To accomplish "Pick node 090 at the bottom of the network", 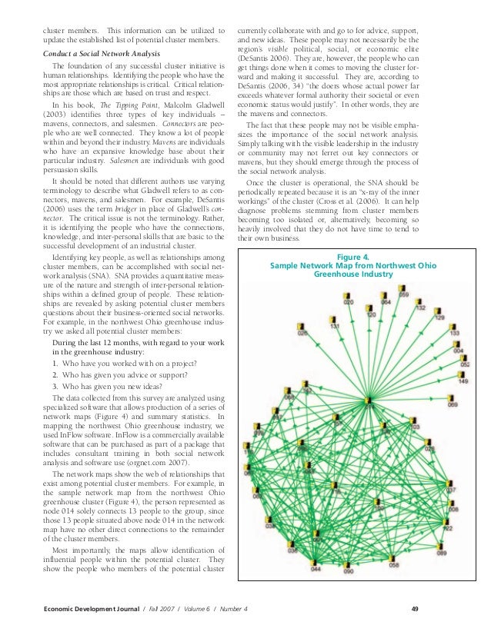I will (x=347, y=564).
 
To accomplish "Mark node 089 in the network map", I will (x=442, y=546).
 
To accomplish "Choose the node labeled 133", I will (x=453, y=327).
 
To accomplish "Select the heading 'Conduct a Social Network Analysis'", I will (x=101, y=54).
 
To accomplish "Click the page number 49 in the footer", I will (x=414, y=610).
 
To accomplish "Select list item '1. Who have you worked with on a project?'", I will (x=125, y=362).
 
